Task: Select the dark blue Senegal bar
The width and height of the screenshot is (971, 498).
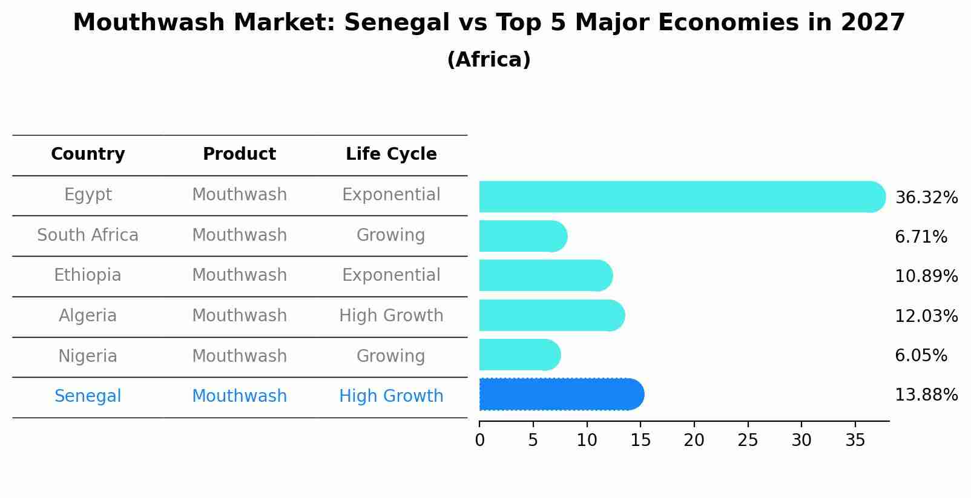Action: click(x=560, y=395)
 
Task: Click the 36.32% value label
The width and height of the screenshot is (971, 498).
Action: click(x=926, y=198)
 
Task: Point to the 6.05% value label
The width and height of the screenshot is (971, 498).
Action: click(x=921, y=356)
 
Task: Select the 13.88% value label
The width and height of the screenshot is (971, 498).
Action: click(x=926, y=395)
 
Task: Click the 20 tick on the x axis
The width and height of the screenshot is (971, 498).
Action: click(x=694, y=441)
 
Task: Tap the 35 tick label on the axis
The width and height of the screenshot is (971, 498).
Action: click(x=855, y=441)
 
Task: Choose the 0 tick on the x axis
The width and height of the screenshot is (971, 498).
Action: click(x=479, y=441)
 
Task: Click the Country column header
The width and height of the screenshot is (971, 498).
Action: click(x=88, y=154)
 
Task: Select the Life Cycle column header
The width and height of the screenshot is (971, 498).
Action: click(x=391, y=154)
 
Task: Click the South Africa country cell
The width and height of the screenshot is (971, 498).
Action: click(x=88, y=235)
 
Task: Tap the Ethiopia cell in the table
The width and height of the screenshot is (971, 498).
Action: click(x=88, y=275)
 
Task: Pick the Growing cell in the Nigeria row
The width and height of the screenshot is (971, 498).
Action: click(x=390, y=356)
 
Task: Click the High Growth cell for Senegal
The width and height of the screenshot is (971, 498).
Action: click(x=391, y=396)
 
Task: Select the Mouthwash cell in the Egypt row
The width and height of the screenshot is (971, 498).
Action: click(x=239, y=195)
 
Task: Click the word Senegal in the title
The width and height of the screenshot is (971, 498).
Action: click(x=397, y=23)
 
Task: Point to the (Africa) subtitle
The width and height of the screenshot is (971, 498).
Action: click(x=489, y=60)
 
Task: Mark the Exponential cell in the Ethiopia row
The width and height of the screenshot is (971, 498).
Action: click(x=391, y=275)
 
